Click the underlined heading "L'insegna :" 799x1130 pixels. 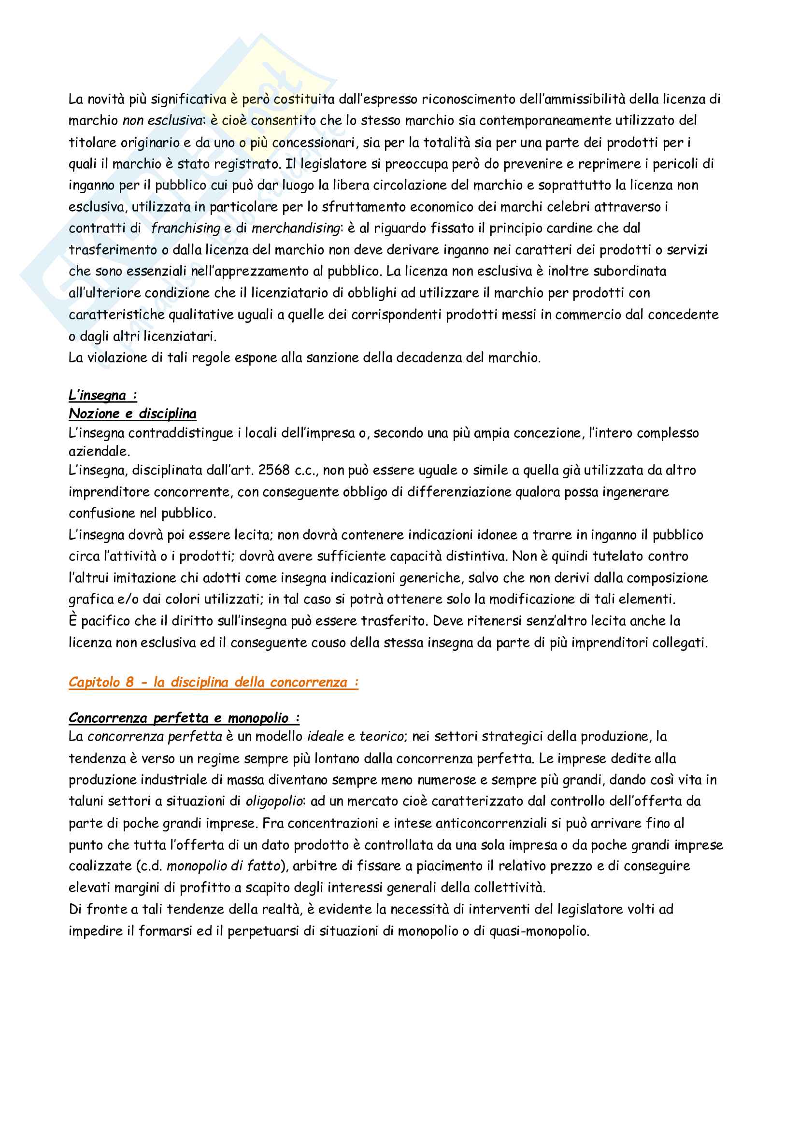click(x=102, y=395)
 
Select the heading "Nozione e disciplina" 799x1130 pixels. click(x=132, y=414)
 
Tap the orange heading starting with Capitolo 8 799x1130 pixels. click(x=213, y=682)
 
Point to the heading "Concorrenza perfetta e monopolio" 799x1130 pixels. click(x=184, y=717)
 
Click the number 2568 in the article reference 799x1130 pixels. click(x=274, y=471)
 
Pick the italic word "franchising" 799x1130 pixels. click(x=185, y=229)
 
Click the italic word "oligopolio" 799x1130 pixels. click(x=273, y=801)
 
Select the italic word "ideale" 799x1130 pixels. click(x=326, y=737)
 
